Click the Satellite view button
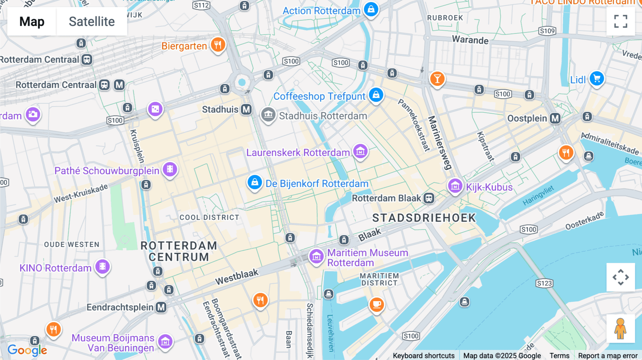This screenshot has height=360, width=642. pyautogui.click(x=92, y=21)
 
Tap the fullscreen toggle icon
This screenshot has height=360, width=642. pyautogui.click(x=621, y=21)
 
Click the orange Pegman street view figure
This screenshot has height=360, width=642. pyautogui.click(x=621, y=328)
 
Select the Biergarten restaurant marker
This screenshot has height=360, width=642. pyautogui.click(x=218, y=45)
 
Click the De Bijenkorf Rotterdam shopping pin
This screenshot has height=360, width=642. pyautogui.click(x=255, y=182)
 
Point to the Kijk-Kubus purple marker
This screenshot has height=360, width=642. pyautogui.click(x=455, y=186)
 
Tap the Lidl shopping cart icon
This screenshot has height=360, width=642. pyautogui.click(x=597, y=79)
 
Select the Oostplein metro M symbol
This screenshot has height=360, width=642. pyautogui.click(x=555, y=118)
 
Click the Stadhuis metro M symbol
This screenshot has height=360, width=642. pyautogui.click(x=246, y=109)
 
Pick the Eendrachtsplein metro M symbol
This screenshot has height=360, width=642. pyautogui.click(x=161, y=307)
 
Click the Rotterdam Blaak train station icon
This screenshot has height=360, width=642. pyautogui.click(x=429, y=198)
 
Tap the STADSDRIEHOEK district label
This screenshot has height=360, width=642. pyautogui.click(x=424, y=218)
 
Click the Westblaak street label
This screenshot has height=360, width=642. pyautogui.click(x=236, y=277)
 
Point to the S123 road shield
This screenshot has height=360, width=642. pyautogui.click(x=544, y=283)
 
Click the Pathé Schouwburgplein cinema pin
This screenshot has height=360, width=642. pyautogui.click(x=170, y=169)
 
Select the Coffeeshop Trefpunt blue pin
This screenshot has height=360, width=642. pyautogui.click(x=376, y=95)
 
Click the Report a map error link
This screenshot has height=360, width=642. pyautogui.click(x=607, y=356)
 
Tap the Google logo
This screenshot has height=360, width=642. pyautogui.click(x=27, y=350)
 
